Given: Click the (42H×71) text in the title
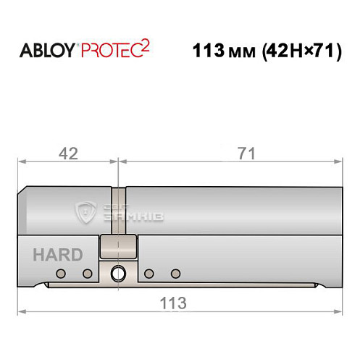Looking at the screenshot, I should pos(296,53).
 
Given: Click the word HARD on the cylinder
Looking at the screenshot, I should pos(57,255).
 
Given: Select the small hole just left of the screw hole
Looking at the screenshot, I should pos(87,273).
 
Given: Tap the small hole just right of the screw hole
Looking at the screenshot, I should pos(148,273).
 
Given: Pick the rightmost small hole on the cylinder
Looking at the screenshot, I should pos(175,273).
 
